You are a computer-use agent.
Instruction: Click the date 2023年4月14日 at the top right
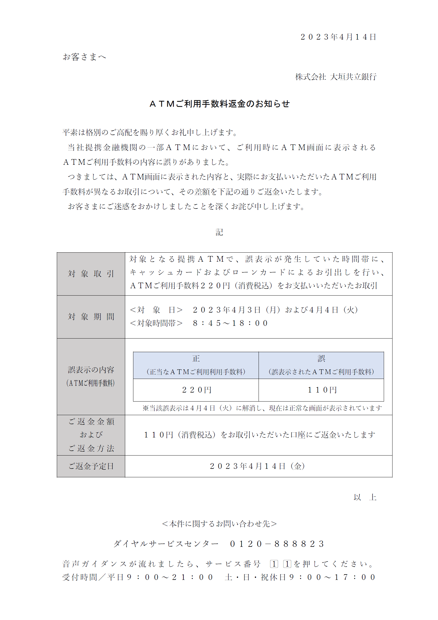click(x=338, y=37)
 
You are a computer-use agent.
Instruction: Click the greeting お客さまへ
click(x=84, y=57)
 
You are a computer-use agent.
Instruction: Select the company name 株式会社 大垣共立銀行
click(x=336, y=77)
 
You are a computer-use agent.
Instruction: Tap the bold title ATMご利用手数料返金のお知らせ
click(x=219, y=104)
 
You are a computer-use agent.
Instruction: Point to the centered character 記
click(x=219, y=232)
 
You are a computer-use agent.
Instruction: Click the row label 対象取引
click(x=91, y=274)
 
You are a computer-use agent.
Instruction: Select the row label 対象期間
click(x=91, y=317)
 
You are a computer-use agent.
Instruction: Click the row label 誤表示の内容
click(x=91, y=370)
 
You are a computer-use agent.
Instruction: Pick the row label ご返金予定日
click(x=91, y=466)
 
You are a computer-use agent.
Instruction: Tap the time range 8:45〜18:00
click(x=230, y=323)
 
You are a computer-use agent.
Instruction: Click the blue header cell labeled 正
click(x=196, y=365)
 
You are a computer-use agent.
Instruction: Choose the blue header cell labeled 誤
click(x=321, y=365)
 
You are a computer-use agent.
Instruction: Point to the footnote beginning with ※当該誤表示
click(x=262, y=408)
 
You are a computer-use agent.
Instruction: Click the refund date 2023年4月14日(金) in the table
click(x=257, y=466)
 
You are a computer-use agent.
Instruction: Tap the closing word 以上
click(x=365, y=497)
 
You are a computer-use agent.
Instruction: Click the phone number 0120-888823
click(x=277, y=544)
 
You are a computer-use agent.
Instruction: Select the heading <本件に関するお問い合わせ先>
click(x=219, y=524)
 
